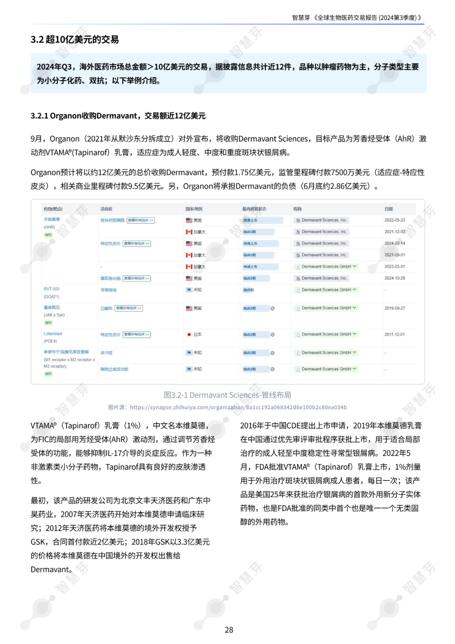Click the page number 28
click(x=229, y=630)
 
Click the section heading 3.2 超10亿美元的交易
click(x=75, y=40)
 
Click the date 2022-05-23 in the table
click(x=394, y=220)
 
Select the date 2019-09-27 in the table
click(x=394, y=308)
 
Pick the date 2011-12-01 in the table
click(x=394, y=334)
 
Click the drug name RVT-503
click(x=51, y=289)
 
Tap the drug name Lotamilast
click(x=53, y=334)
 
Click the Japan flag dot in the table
click(x=189, y=335)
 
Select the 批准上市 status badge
click(x=250, y=220)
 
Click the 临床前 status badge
click(x=249, y=290)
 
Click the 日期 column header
click(x=388, y=209)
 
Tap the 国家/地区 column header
click(x=194, y=209)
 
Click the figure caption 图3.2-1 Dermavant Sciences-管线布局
click(x=227, y=395)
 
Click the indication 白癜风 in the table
click(x=106, y=309)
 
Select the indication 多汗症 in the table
click(x=106, y=353)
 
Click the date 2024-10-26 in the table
click(x=394, y=278)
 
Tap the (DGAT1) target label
click(x=51, y=297)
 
